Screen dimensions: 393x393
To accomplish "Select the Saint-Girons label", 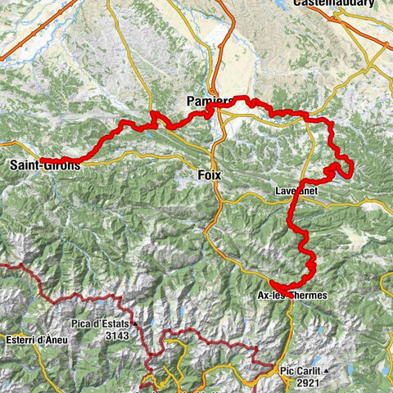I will click(x=46, y=166).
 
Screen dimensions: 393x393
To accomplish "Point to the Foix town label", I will click(x=210, y=175).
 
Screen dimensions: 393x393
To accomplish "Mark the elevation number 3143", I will click(x=116, y=335).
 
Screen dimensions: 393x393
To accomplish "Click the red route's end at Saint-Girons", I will click(x=42, y=159).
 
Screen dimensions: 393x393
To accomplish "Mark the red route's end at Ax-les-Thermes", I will click(x=271, y=285).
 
